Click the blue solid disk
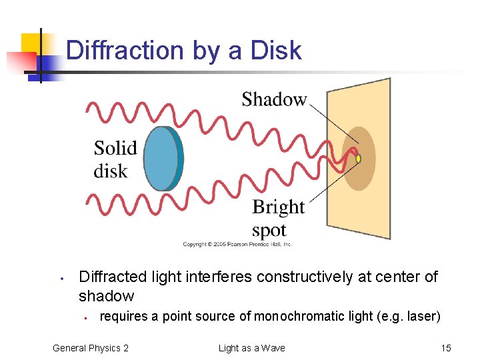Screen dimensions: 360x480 click(163, 158)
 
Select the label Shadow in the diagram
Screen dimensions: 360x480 click(274, 100)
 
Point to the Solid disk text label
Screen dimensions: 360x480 click(115, 159)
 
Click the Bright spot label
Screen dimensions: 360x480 click(278, 219)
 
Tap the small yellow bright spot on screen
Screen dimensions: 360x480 click(358, 159)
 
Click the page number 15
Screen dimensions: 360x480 click(446, 348)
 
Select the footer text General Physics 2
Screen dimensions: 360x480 click(91, 348)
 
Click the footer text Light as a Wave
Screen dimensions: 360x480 click(251, 348)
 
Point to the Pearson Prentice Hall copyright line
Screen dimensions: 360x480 click(237, 245)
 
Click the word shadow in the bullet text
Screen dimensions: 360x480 click(107, 296)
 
